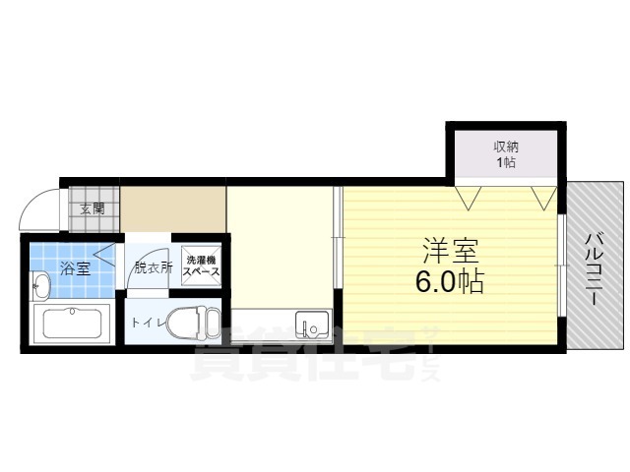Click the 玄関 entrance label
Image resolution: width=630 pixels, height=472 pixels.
point(92,209)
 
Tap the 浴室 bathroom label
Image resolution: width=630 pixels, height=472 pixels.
point(75,267)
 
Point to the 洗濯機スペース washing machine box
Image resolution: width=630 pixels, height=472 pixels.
point(201,265)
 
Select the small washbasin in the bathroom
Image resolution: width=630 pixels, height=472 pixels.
point(40,286)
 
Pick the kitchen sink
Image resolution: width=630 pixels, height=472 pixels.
point(312,324)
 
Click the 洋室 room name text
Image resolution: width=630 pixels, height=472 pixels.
point(451,252)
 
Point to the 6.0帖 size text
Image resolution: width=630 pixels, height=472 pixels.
point(449,282)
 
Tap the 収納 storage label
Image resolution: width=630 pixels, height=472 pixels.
point(506,147)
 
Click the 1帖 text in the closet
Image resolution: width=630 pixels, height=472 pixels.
point(506,162)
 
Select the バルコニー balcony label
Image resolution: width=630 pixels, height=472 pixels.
point(593,269)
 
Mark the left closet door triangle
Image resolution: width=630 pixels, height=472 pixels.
point(469,198)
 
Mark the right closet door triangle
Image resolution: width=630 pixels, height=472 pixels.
point(544,198)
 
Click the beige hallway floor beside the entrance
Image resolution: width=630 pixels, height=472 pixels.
point(173,208)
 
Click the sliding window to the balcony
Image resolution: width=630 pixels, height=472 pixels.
point(562,265)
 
